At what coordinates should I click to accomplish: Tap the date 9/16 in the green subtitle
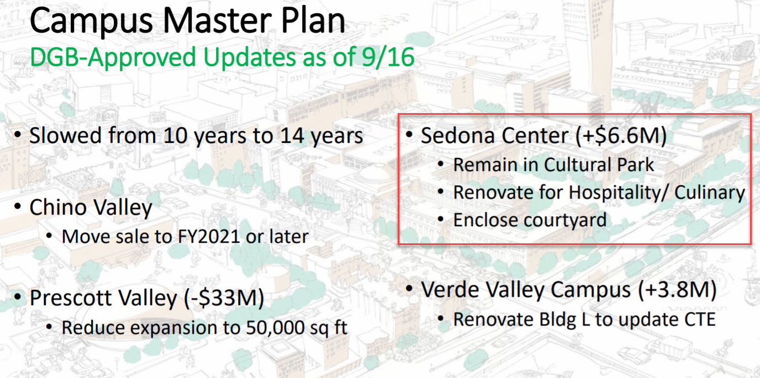tap(388, 57)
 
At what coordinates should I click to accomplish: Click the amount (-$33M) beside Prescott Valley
tap(224, 298)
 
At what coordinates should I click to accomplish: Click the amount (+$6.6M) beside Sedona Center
tap(621, 136)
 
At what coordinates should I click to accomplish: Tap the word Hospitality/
tap(619, 193)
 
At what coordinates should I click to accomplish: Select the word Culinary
tap(710, 193)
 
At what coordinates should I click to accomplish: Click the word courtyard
tap(565, 221)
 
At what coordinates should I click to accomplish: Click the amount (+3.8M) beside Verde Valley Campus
tap(678, 290)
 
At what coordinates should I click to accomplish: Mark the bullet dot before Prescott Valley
tap(18, 297)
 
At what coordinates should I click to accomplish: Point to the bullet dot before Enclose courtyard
tap(441, 220)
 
